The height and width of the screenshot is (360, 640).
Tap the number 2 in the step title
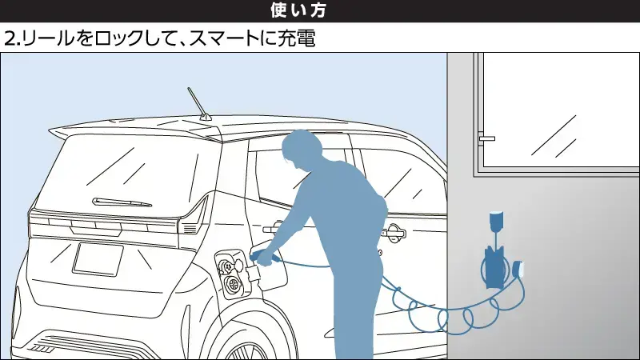tap(9, 38)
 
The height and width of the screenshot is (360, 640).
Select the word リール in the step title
tap(40, 38)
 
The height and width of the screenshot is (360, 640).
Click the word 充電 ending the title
tap(294, 38)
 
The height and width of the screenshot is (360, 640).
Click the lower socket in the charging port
tap(234, 283)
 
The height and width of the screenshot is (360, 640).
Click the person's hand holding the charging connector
tap(262, 254)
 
